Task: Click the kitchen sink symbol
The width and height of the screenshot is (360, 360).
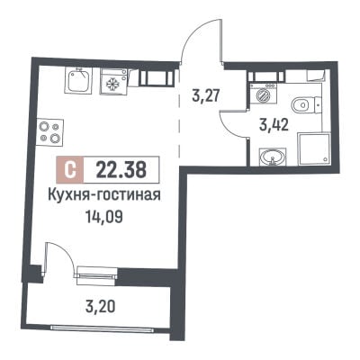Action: click(x=78, y=81)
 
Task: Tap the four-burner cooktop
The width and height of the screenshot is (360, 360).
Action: click(x=50, y=132)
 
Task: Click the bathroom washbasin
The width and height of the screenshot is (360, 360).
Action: click(x=273, y=157)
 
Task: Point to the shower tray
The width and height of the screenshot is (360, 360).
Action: click(x=313, y=149)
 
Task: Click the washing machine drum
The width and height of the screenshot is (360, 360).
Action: click(x=262, y=95)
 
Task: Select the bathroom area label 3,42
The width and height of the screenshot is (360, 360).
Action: click(x=274, y=125)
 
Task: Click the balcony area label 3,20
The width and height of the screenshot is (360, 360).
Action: click(x=100, y=307)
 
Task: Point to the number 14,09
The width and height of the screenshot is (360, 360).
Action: click(x=104, y=217)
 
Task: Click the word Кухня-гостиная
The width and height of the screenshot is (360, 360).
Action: click(x=104, y=195)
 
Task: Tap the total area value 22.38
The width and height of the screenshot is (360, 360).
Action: click(x=121, y=169)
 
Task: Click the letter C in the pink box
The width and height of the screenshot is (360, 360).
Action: click(x=70, y=170)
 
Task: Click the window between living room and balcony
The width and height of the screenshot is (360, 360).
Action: click(x=97, y=275)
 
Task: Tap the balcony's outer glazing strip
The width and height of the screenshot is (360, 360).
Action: click(x=102, y=328)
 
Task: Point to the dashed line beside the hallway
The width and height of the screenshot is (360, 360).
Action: click(x=179, y=114)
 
